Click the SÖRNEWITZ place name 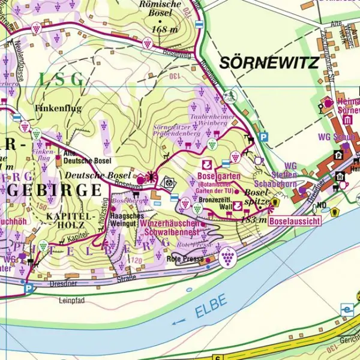(268, 62)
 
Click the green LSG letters (61, 79)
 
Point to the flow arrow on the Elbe (178, 322)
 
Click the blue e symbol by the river (346, 310)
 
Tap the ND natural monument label (322, 205)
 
